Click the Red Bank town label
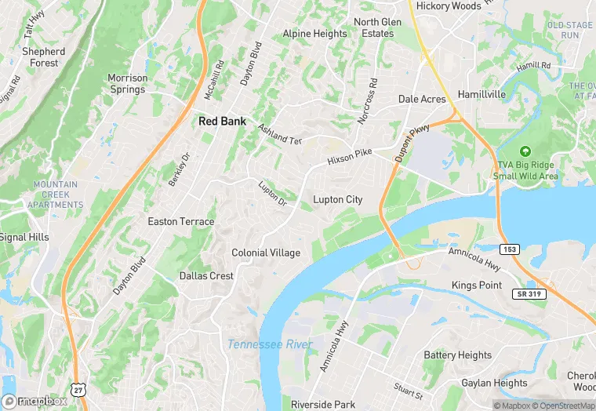[222, 122]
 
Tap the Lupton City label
[338, 200]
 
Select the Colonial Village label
[266, 253]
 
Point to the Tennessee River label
[270, 345]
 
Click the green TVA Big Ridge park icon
[524, 151]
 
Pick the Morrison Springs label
[127, 84]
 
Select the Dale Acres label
[422, 100]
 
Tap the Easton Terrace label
[181, 222]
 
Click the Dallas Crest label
[206, 276]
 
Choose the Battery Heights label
[458, 355]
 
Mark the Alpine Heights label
[314, 35]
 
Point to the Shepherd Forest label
[44, 57]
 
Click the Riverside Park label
[323, 405]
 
